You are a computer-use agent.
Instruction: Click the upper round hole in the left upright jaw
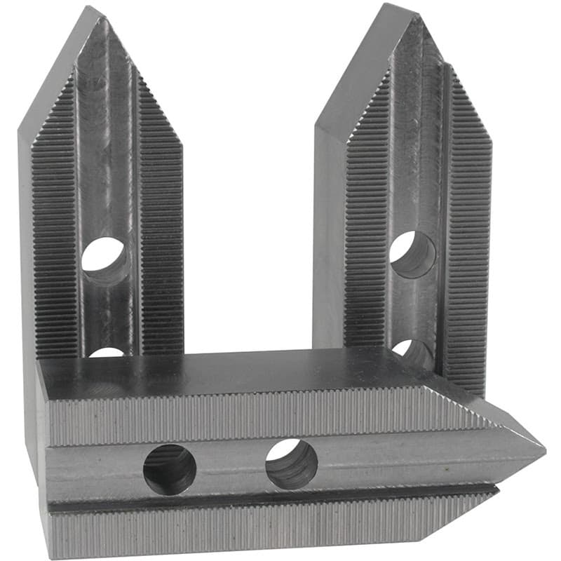[x=104, y=257]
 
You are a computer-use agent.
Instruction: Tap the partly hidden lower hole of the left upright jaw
[x=107, y=352]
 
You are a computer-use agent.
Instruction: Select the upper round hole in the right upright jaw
[x=412, y=253]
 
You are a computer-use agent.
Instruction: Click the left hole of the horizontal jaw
[x=170, y=469]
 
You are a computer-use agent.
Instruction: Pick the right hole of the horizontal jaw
[x=291, y=464]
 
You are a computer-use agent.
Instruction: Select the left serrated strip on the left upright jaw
[x=55, y=231]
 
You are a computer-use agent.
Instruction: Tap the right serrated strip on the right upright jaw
[x=468, y=231]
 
